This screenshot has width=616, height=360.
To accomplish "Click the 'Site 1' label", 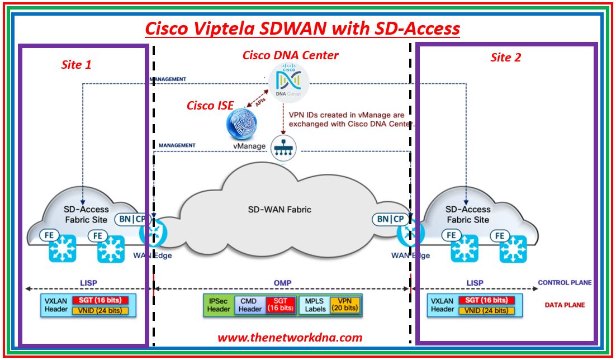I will click(76, 65).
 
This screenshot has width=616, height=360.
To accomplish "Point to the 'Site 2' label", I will click(506, 58).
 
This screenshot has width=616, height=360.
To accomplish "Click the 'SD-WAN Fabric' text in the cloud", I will click(279, 210).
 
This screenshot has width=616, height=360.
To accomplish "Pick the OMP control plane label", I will click(282, 283).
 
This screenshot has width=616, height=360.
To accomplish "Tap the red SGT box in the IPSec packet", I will click(279, 304).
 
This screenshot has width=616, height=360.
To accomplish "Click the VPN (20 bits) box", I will click(344, 304).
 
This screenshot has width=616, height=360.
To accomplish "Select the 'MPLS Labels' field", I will click(315, 304).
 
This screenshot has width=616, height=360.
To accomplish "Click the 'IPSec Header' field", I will click(219, 304).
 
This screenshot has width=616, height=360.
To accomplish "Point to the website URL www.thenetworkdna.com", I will click(290, 337).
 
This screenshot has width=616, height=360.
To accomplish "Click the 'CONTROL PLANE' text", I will click(565, 283).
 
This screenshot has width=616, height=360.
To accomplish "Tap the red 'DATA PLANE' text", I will click(565, 305).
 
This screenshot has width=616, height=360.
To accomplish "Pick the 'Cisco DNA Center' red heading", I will click(290, 55).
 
